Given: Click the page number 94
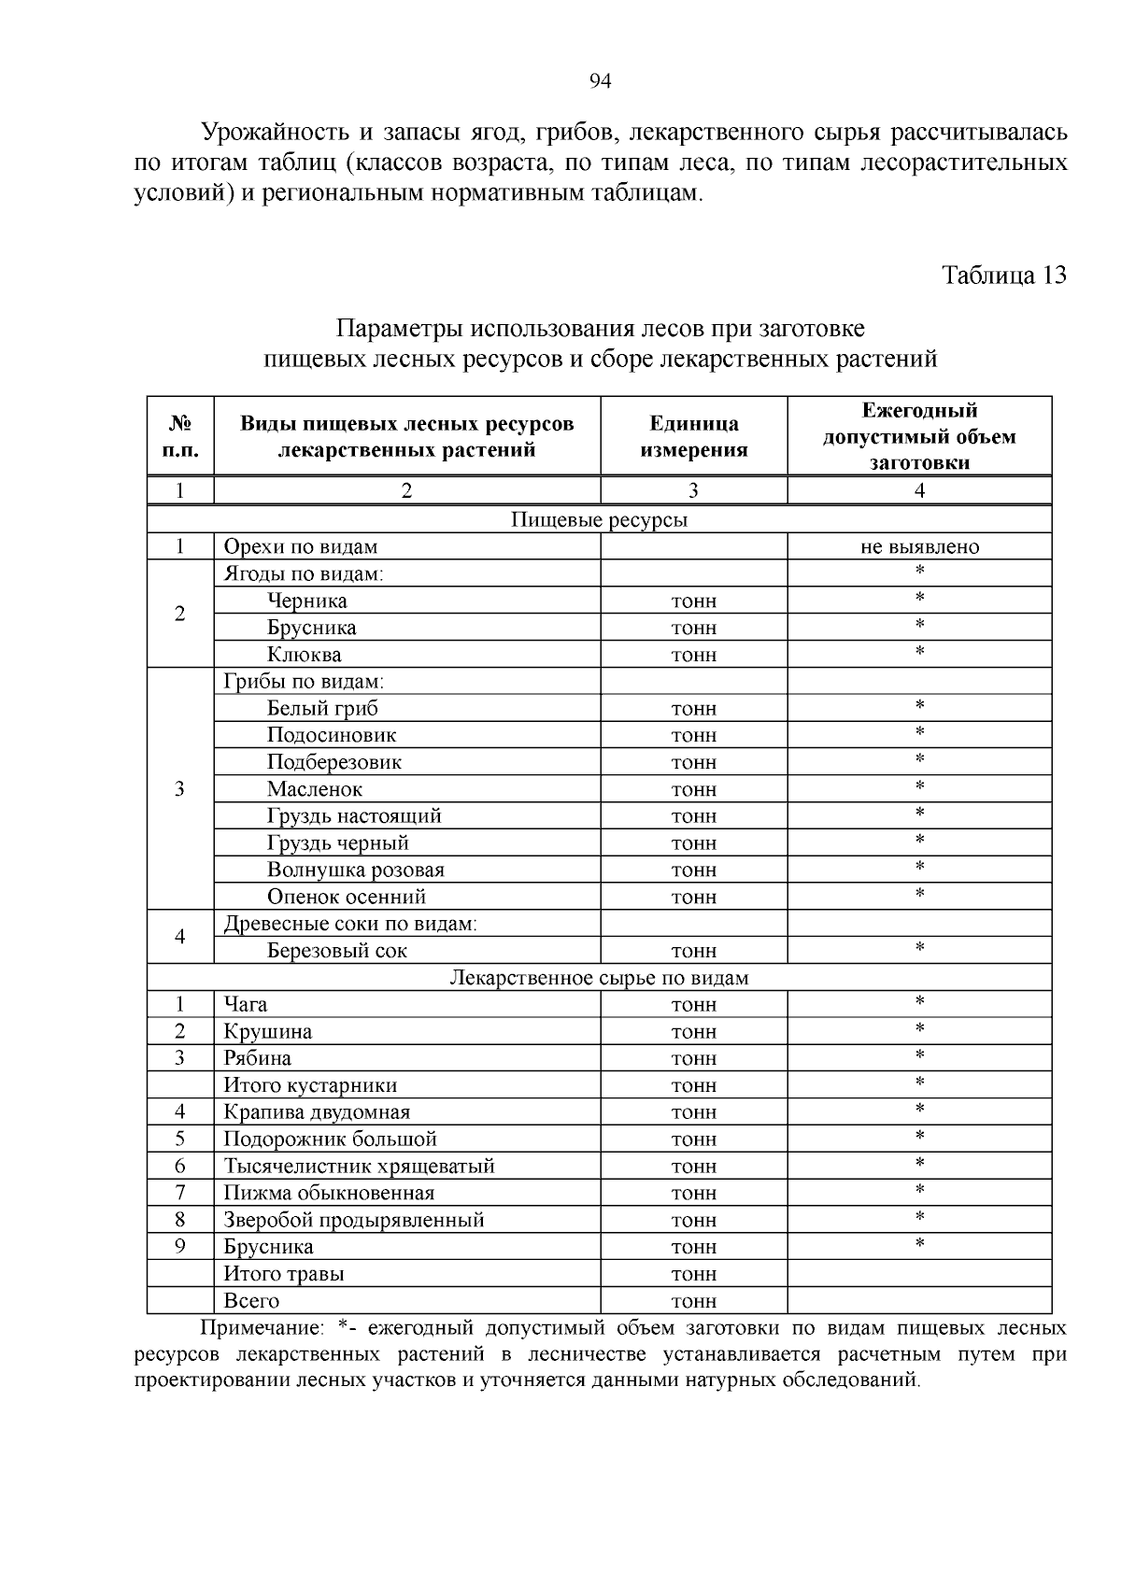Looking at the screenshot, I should pyautogui.click(x=600, y=82).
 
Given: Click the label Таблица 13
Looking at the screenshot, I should pyautogui.click(x=1003, y=276).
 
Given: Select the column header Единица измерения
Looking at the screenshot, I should pyautogui.click(x=693, y=436).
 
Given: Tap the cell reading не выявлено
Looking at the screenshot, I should pyautogui.click(x=919, y=547).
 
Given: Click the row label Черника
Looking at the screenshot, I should pyautogui.click(x=306, y=601).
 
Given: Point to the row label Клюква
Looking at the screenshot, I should pyautogui.click(x=304, y=655).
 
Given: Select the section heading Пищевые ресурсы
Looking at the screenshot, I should pyautogui.click(x=599, y=520).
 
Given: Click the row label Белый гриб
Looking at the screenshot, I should pyautogui.click(x=322, y=708).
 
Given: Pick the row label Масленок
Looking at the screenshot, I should pyautogui.click(x=314, y=789).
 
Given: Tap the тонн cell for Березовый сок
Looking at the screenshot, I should pyautogui.click(x=693, y=951).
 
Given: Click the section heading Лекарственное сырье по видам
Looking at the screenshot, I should pyautogui.click(x=599, y=978).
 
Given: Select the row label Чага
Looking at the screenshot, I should pyautogui.click(x=245, y=1005).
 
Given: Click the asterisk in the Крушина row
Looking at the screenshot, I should pyautogui.click(x=919, y=1029).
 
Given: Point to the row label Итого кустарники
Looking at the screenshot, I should pyautogui.click(x=310, y=1085).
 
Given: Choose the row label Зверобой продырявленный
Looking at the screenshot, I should pyautogui.click(x=353, y=1220).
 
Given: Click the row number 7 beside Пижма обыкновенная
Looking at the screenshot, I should pyautogui.click(x=180, y=1193).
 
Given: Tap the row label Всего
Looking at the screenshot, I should pyautogui.click(x=251, y=1300).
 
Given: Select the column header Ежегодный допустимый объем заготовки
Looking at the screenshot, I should pyautogui.click(x=919, y=436).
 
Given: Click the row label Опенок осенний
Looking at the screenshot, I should pyautogui.click(x=346, y=897).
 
